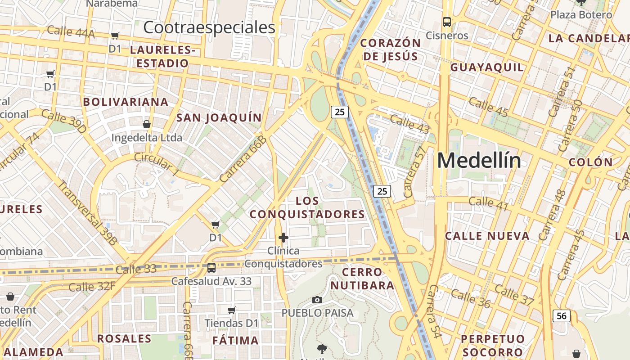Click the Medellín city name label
pos(479,161)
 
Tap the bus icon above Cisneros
pos(447,22)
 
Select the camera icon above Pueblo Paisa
pos(317,300)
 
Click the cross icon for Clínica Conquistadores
pos(283,237)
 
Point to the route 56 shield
pos(562,316)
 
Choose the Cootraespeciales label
pos(209,27)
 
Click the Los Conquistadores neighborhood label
pos(307,207)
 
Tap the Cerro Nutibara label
pos(362,279)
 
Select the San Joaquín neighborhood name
pos(219,118)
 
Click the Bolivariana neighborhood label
pos(126,102)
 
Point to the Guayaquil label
pos(487,67)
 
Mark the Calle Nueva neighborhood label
pos(487,236)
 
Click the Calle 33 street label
pos(136,269)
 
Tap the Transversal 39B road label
pos(87,212)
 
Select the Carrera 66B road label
pos(243,159)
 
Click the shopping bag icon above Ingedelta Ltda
pos(146,124)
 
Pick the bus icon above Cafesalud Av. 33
pos(211,268)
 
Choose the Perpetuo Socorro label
pos(493,345)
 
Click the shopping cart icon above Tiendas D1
pos(232,310)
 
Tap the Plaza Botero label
pos(581,14)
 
